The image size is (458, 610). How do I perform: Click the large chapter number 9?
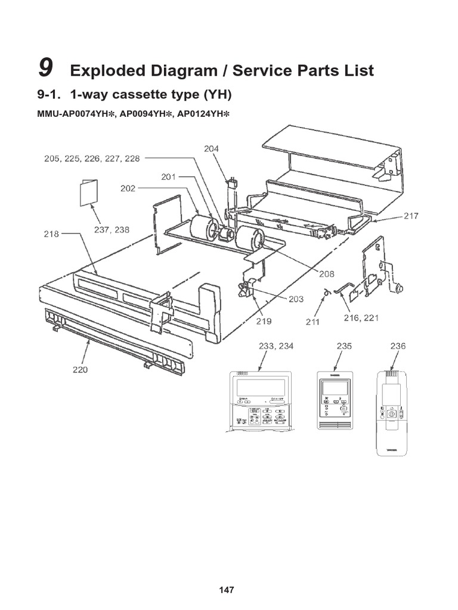pos(44,69)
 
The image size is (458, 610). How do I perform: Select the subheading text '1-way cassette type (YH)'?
pos(150,95)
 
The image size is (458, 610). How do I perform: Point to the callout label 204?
pos(212,150)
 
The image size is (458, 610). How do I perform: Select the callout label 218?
pos(51,234)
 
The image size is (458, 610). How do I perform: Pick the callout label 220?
pos(80,370)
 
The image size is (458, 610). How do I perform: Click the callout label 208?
pos(326,274)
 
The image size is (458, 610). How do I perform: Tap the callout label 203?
pos(296,299)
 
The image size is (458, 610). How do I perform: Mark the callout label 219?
pos(264,322)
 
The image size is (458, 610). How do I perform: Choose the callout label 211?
pos(312,322)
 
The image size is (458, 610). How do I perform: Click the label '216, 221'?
pos(361,318)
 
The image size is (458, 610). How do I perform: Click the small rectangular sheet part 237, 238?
pos(88,191)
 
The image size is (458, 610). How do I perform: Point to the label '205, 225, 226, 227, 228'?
pos(92,158)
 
